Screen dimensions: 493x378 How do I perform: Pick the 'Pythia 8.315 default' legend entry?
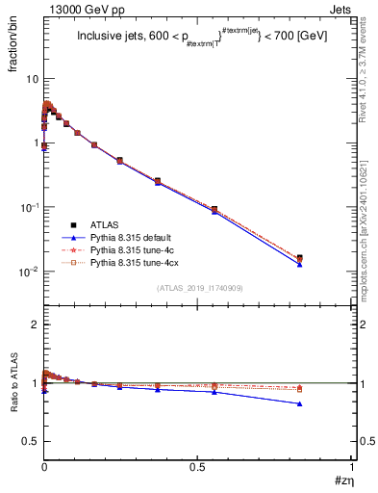pos(134,237)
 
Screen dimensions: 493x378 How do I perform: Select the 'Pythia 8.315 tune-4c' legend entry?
pos(134,249)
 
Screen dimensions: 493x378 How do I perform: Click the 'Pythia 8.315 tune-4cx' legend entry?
pos(136,262)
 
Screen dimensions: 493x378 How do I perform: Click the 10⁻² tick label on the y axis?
pos(30,272)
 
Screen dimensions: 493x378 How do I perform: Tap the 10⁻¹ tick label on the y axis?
pos(30,207)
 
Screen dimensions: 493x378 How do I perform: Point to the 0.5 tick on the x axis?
pos(198,467)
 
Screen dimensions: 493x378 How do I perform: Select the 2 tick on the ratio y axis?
pos(35,324)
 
